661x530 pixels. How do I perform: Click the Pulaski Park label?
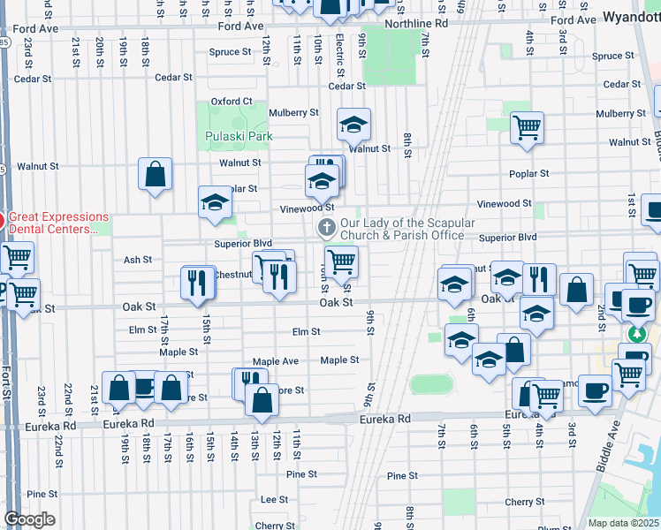click(x=239, y=136)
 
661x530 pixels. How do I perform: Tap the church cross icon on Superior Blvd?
click(x=326, y=229)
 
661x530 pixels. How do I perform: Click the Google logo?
click(x=29, y=519)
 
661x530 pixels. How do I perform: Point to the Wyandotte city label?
click(x=632, y=17)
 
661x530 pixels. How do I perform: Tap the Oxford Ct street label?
click(x=232, y=102)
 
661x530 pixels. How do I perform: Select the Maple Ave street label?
click(x=276, y=361)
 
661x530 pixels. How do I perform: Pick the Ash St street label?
click(x=138, y=260)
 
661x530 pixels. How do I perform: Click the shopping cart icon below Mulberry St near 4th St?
click(x=527, y=126)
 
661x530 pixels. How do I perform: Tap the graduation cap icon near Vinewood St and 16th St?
click(x=215, y=202)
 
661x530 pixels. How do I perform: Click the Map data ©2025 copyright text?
click(x=624, y=523)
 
